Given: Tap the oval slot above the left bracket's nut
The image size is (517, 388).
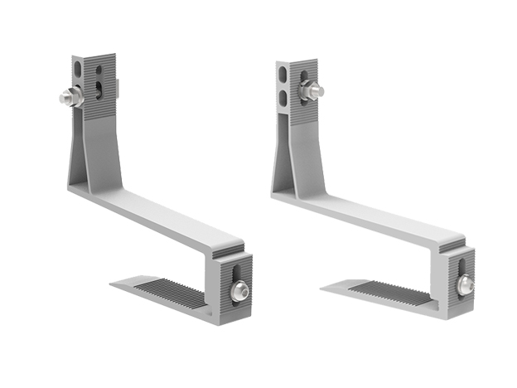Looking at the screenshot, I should click(78, 68).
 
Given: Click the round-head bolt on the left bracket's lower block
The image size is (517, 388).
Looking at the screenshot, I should click(239, 289).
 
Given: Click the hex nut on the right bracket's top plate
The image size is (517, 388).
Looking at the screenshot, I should click(308, 92).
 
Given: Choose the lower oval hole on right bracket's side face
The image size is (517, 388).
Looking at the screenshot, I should click(282, 98).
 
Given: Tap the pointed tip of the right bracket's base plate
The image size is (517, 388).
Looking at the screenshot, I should click(324, 289).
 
